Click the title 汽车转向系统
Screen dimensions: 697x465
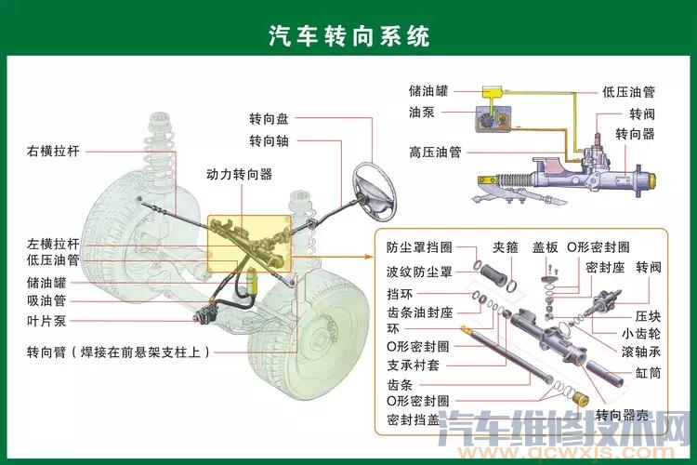(348, 35)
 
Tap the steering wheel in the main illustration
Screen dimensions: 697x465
(375, 192)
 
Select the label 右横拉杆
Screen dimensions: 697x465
(53, 152)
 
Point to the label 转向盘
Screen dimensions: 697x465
(269, 119)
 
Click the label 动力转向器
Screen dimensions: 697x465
(239, 175)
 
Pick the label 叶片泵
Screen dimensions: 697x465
(46, 321)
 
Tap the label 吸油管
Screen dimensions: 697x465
(46, 300)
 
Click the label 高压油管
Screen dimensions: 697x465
(435, 153)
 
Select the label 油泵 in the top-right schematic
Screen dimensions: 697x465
(422, 113)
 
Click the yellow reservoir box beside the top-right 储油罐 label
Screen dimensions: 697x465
(493, 93)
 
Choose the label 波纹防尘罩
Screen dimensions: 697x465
(420, 272)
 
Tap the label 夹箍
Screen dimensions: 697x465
(506, 247)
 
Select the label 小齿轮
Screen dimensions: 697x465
(641, 334)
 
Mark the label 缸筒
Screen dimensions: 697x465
(648, 372)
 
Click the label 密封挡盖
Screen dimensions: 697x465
(413, 420)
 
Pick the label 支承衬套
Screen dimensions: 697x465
(413, 365)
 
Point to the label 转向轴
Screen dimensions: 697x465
(269, 141)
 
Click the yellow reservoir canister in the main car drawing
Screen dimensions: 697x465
(252, 281)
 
